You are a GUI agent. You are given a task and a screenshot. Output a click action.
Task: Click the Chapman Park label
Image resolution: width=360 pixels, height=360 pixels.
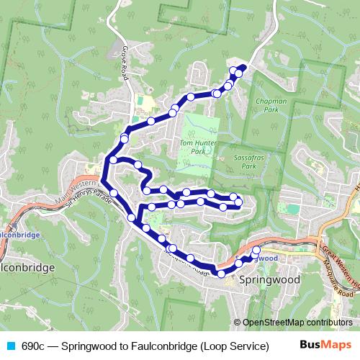[x=271, y=106]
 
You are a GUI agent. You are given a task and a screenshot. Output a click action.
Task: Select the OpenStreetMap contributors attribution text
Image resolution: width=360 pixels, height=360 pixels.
[x=297, y=323]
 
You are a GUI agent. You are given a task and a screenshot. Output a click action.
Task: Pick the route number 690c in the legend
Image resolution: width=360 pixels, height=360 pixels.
[x=33, y=346]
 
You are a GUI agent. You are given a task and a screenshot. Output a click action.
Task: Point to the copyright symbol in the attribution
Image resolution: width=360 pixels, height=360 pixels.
[x=238, y=323]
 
